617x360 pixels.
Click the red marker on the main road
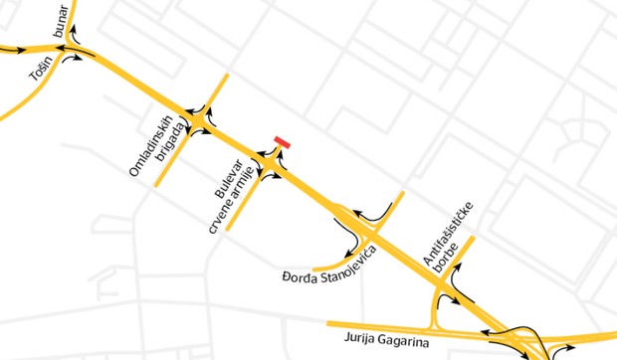pos(283,143)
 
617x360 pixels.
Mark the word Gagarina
pos(410,342)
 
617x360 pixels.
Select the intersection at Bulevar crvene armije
pos(273,165)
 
